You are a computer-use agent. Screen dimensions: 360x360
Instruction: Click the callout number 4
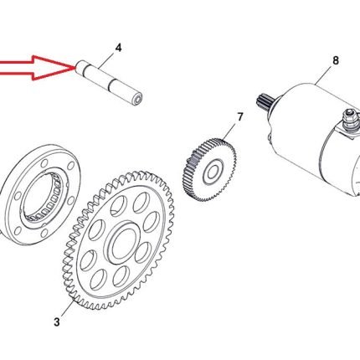click(119, 48)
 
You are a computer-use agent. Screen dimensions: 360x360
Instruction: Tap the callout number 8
click(336, 60)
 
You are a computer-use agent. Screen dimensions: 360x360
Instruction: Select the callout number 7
click(240, 117)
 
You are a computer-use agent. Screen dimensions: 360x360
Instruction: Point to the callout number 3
click(57, 321)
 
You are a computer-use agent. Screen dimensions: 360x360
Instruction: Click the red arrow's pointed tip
click(74, 68)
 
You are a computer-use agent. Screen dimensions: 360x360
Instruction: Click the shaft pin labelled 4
click(110, 83)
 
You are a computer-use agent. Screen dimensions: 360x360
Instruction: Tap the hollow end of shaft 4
click(137, 100)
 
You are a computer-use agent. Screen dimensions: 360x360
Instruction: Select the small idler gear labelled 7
click(210, 169)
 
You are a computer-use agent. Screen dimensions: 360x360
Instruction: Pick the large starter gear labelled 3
click(117, 241)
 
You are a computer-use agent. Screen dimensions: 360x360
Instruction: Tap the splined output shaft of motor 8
click(264, 101)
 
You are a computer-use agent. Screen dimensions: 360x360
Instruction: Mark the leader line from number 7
click(229, 131)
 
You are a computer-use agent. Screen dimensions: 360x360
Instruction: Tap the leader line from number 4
click(106, 60)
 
